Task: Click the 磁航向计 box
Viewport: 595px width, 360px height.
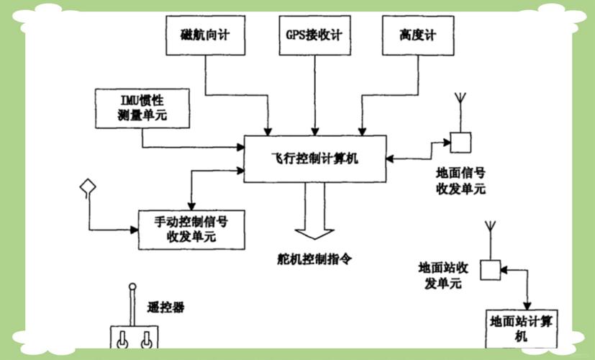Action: tap(205, 35)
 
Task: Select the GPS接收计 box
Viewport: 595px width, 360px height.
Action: tap(314, 35)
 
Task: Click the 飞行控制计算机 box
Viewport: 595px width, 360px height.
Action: tap(314, 158)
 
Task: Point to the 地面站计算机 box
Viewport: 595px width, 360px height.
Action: tap(523, 328)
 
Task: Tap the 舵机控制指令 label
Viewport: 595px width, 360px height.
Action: tap(314, 258)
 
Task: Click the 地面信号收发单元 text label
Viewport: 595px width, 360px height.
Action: tap(461, 181)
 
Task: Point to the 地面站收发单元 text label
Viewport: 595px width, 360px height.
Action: tap(444, 275)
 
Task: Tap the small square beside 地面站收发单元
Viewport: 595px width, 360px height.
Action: tap(490, 269)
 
